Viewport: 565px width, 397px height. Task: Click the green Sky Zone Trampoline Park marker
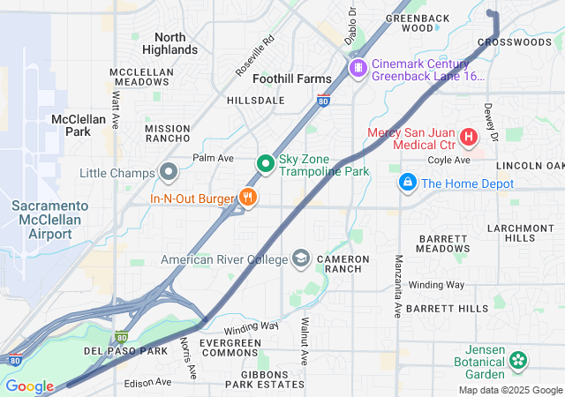[x=265, y=164]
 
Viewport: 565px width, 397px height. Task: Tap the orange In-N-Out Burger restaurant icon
[x=248, y=198]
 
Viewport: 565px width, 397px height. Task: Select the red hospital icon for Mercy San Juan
[x=467, y=138]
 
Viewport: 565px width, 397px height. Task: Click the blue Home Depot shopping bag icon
[x=407, y=183]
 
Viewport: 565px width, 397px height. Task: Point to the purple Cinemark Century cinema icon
[x=358, y=68]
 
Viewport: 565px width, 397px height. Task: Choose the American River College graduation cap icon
[x=302, y=258]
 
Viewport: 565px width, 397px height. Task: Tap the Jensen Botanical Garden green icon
[x=517, y=360]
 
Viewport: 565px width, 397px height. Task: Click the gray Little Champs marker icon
[x=169, y=172]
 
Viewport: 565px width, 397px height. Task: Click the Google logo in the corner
[x=29, y=386]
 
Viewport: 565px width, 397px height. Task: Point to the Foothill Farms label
[x=292, y=79]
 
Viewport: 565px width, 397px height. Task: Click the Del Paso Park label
[x=125, y=351]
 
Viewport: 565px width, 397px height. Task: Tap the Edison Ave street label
[x=147, y=382]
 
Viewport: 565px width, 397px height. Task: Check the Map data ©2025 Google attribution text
[x=509, y=390]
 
